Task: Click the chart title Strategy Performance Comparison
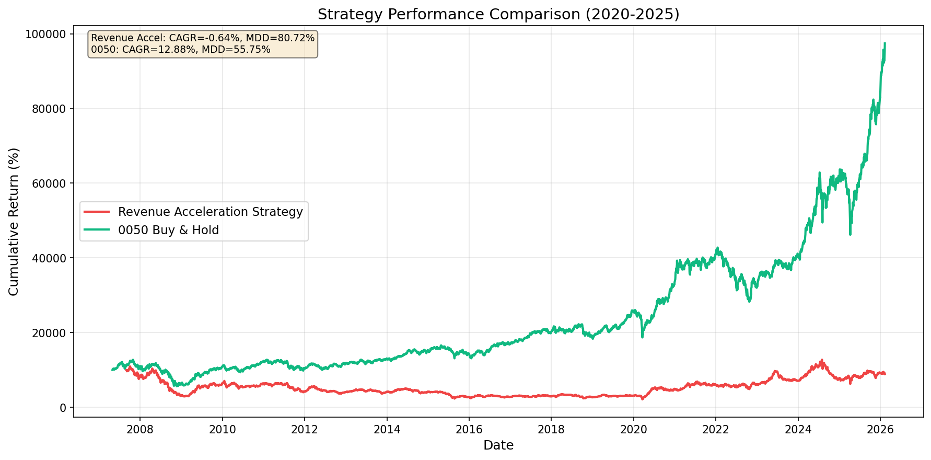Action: point(498,14)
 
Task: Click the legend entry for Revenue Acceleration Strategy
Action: point(210,212)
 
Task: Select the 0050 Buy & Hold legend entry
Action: point(168,230)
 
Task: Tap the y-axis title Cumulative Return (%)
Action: point(14,221)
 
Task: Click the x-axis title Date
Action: point(498,445)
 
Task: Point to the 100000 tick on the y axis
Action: point(45,34)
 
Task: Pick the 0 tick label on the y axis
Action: point(63,407)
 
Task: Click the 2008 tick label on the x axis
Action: point(140,429)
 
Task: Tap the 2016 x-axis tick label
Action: point(469,429)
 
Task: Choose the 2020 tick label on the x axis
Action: point(633,429)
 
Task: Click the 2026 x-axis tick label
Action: point(880,429)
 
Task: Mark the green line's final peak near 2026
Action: point(885,43)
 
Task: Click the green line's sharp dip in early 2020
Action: point(642,337)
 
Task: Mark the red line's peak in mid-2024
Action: point(822,360)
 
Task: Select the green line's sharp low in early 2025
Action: point(850,234)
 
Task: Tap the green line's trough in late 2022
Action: point(749,302)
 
